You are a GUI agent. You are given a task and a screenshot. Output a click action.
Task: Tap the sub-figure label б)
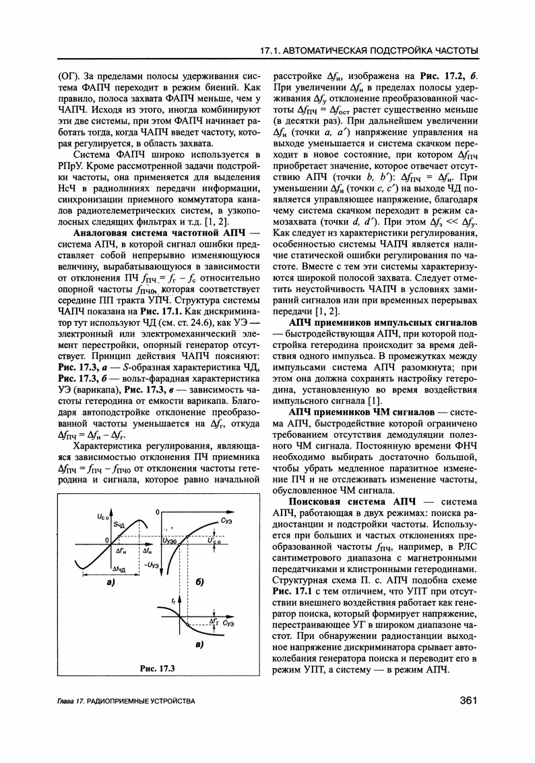point(199,581)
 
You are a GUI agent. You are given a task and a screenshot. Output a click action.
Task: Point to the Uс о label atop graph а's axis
point(103,497)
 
